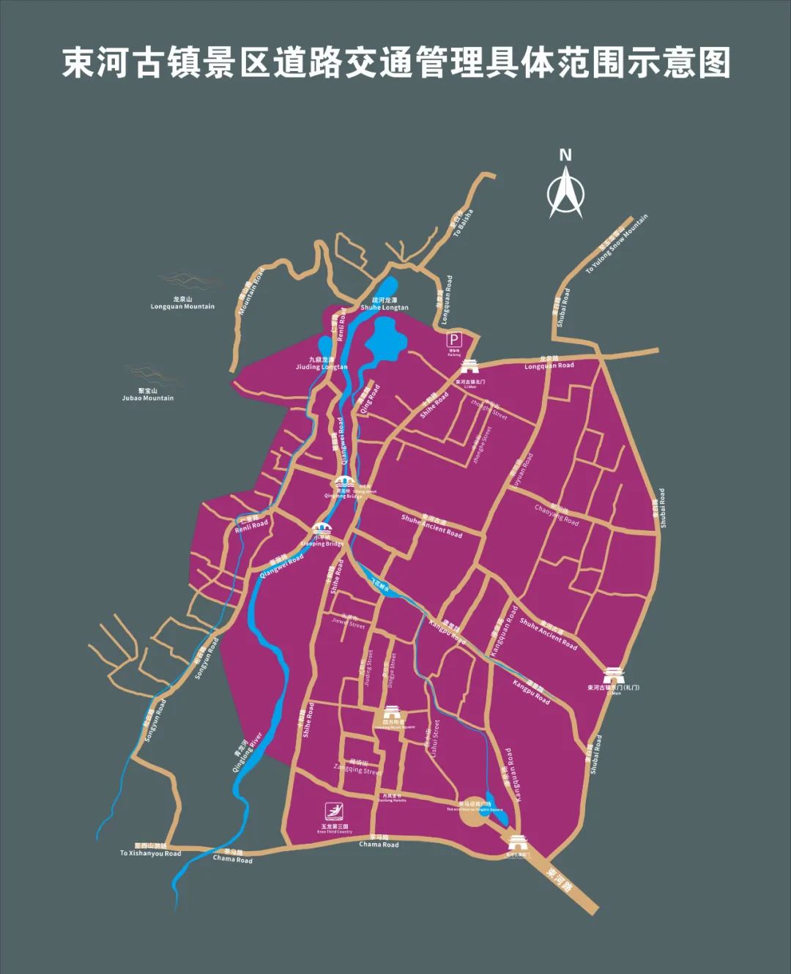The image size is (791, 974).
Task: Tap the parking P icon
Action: tap(455, 340)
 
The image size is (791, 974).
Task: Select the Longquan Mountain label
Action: tap(182, 303)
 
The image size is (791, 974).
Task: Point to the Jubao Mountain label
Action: tap(148, 395)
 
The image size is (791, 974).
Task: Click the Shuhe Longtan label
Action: tap(384, 304)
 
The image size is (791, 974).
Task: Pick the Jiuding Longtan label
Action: tap(322, 363)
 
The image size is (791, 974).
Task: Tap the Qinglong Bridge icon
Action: tap(344, 483)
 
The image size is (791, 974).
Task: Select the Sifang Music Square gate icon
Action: tap(393, 713)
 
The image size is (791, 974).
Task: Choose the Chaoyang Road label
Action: tap(557, 514)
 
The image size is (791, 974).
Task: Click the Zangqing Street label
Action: tap(358, 767)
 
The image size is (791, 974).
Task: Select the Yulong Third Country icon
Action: tap(335, 812)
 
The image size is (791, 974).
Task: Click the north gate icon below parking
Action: tap(469, 367)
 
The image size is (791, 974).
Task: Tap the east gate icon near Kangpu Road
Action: tap(614, 675)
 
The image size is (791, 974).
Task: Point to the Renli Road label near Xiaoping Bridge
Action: tap(251, 523)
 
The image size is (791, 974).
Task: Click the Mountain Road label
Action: tap(251, 291)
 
